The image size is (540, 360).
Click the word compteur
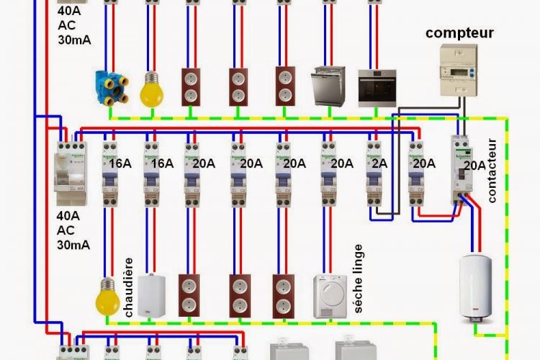(x=459, y=32)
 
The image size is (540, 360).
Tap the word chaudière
(x=130, y=287)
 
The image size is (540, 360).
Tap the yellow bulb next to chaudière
(x=108, y=295)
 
